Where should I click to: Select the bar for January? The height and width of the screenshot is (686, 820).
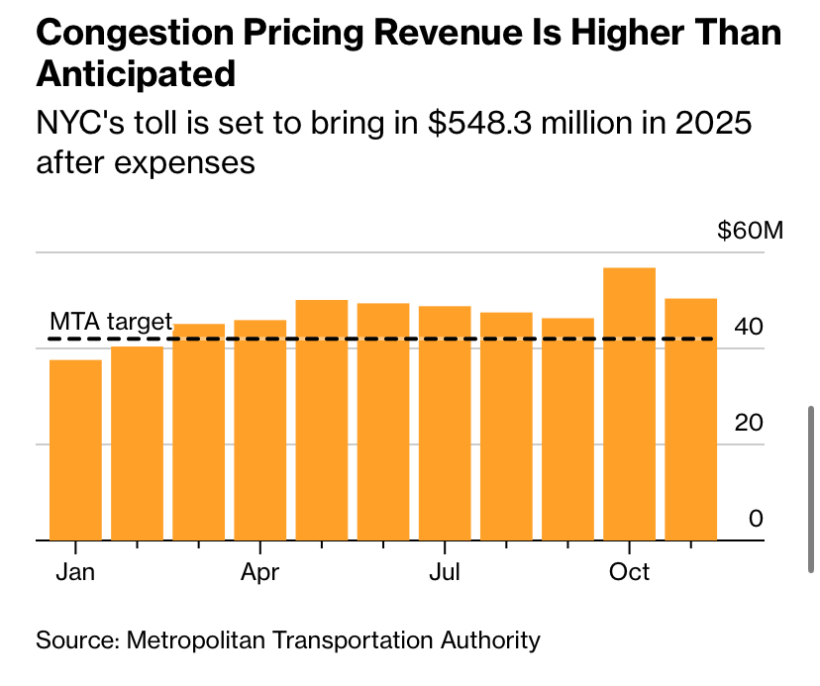coord(75,450)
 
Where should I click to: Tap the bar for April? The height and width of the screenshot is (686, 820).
coord(259,431)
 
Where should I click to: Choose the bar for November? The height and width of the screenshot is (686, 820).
coord(690,420)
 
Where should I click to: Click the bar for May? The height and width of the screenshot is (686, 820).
coord(322,420)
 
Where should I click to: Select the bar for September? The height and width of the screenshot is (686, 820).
coord(567,430)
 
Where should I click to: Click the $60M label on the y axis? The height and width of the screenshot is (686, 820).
coord(750,232)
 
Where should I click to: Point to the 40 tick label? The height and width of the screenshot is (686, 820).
coord(750,327)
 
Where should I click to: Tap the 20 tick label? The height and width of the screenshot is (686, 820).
coord(750,423)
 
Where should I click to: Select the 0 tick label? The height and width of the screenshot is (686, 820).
coord(757,519)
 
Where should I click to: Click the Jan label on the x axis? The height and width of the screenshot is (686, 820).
coord(75,572)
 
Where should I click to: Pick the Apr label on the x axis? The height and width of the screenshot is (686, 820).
coord(259,572)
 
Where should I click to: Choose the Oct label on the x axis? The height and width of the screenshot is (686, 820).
coord(629,572)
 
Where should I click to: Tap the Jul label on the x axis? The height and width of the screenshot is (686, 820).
coord(445,572)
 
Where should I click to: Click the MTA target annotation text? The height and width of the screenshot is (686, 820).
coord(111,322)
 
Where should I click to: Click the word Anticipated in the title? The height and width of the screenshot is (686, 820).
coord(136,73)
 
